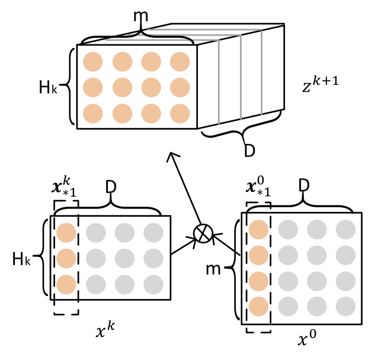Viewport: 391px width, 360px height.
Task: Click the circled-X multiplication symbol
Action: click(203, 233)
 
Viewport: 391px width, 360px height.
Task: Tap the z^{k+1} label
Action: click(320, 88)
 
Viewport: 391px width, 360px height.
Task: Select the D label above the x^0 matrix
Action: click(304, 187)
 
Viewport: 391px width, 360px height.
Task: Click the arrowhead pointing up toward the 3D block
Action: click(172, 156)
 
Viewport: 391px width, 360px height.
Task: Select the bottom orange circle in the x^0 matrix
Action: click(258, 306)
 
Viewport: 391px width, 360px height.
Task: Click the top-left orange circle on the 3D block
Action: click(93, 62)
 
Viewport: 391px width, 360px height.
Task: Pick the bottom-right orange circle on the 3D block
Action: click(180, 112)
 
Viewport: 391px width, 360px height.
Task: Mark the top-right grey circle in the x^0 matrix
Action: click(345, 229)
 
